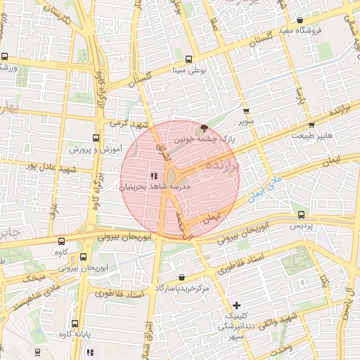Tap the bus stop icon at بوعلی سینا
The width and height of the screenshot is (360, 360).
pos(188,60)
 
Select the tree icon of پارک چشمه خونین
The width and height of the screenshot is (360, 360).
pos(204,128)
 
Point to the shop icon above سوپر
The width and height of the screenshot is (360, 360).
pos(245,111)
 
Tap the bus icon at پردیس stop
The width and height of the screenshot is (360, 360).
pos(302,214)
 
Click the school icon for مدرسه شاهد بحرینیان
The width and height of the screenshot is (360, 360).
pos(153,176)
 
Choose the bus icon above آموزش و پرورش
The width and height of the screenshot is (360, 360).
pos(96,138)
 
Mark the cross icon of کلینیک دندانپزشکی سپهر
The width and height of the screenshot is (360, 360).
pos(237,305)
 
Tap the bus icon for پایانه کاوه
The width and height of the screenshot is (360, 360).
pos(75,323)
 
